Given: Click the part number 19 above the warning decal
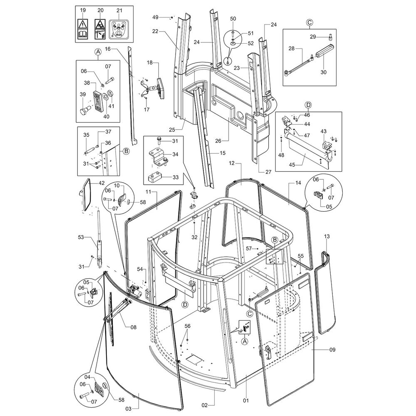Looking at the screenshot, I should click(x=82, y=10).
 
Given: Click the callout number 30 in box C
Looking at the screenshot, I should click(x=324, y=72).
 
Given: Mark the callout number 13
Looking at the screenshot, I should click(x=327, y=236).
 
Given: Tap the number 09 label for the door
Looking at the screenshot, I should click(x=332, y=350).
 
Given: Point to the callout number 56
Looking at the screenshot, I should click(x=187, y=326).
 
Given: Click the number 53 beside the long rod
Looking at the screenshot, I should click(x=81, y=237).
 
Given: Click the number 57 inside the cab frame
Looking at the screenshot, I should click(x=249, y=248).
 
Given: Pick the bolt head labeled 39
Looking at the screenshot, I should click(x=84, y=112).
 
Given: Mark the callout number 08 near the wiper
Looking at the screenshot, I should click(x=133, y=327).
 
